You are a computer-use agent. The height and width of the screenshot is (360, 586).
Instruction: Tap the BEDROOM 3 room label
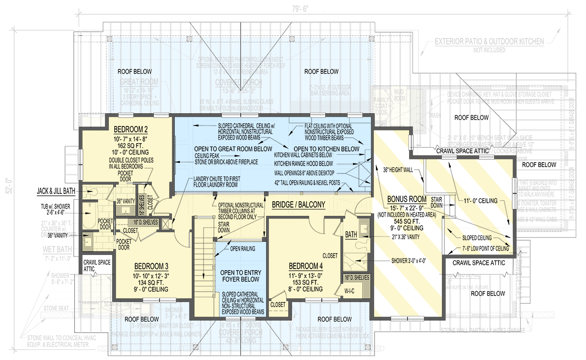151,266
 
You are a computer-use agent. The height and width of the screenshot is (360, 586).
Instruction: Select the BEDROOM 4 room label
306,266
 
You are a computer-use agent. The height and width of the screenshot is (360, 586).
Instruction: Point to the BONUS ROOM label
407,200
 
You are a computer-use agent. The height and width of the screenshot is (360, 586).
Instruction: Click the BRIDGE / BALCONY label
298,206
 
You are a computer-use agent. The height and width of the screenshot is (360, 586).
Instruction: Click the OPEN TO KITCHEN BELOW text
327,148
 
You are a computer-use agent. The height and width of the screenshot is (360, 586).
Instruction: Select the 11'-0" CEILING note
480,201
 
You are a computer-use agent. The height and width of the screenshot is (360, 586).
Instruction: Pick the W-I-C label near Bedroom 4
350,292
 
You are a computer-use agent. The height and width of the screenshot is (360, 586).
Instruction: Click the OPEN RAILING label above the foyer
243,249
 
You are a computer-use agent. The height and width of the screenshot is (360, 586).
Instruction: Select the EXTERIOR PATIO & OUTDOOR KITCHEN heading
489,42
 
